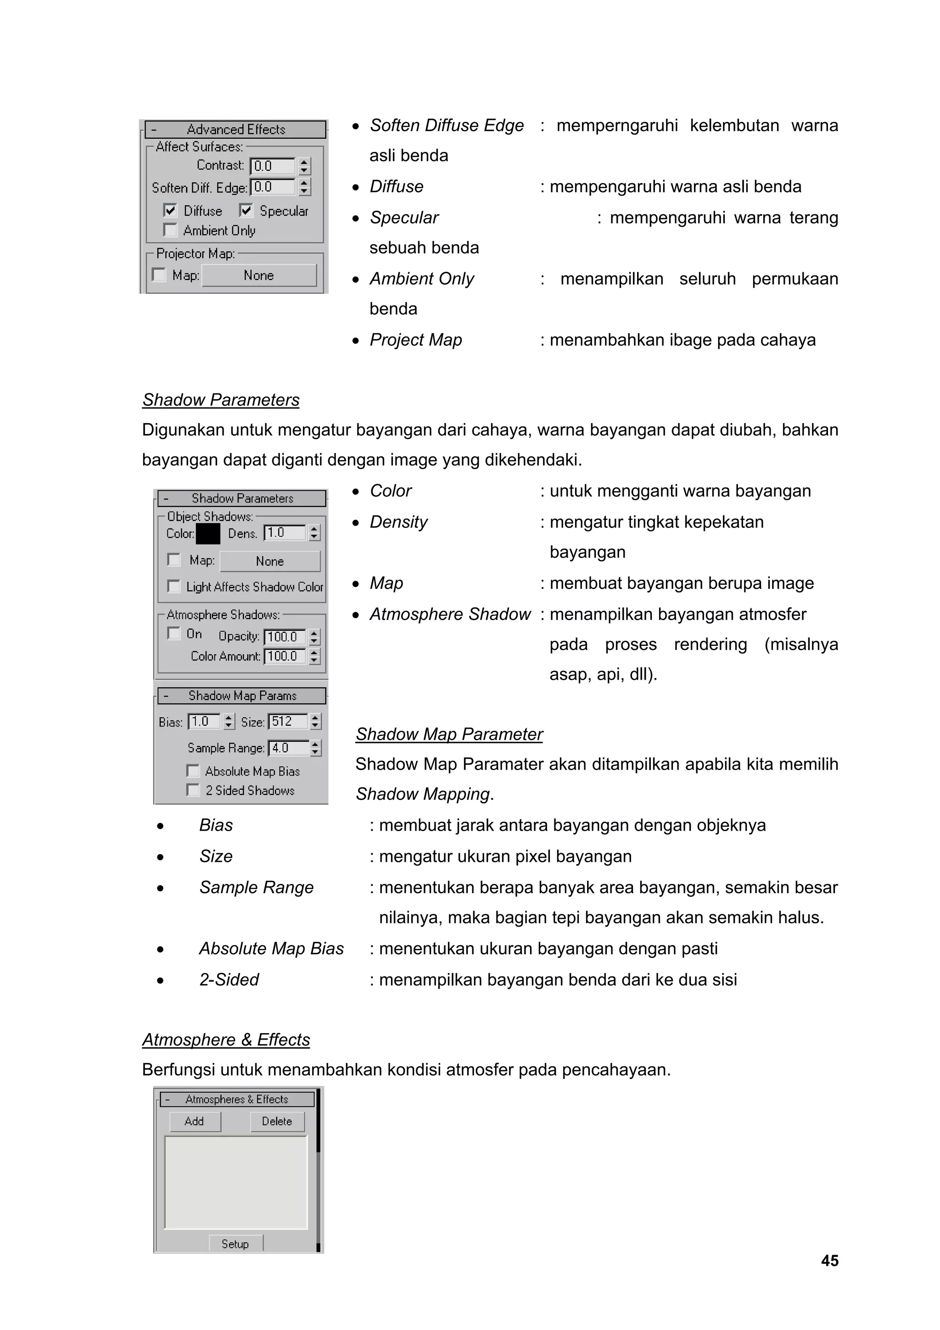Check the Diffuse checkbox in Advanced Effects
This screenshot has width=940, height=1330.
click(x=170, y=210)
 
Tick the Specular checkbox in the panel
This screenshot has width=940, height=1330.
click(x=246, y=210)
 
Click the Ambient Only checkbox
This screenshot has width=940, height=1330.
click(x=170, y=230)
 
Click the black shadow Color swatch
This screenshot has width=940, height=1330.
click(x=208, y=533)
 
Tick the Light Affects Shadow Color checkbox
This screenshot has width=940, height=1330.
click(x=173, y=586)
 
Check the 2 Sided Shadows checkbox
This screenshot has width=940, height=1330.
click(x=193, y=790)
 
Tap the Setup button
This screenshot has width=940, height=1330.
click(x=235, y=1244)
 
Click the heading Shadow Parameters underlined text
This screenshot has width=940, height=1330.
click(x=221, y=400)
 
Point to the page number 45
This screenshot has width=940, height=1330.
click(x=829, y=1261)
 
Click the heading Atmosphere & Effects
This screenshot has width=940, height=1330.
click(x=226, y=1040)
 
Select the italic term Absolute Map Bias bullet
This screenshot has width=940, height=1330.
click(x=271, y=949)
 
